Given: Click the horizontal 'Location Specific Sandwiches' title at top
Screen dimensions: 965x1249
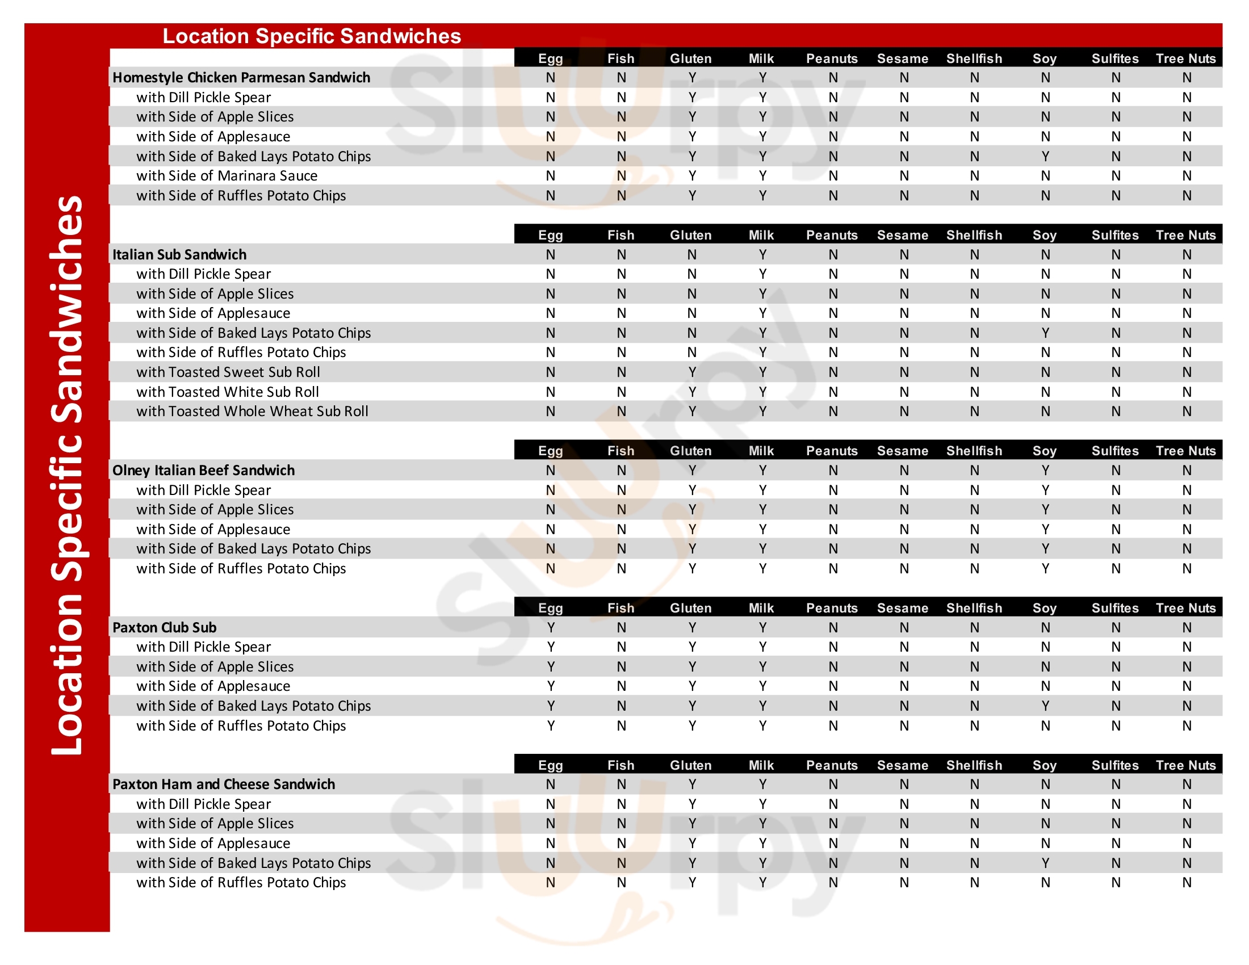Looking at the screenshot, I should pyautogui.click(x=312, y=36).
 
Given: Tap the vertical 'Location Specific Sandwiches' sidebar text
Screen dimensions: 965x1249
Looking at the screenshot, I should pyautogui.click(x=67, y=475).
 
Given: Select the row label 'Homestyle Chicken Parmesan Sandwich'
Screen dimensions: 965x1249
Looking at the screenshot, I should pyautogui.click(x=241, y=78).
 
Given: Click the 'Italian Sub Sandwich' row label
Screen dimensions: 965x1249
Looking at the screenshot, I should pyautogui.click(x=179, y=254).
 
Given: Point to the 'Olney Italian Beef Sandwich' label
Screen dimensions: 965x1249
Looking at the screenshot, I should pyautogui.click(x=204, y=471).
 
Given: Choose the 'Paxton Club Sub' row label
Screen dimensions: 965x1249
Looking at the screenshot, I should pyautogui.click(x=165, y=628).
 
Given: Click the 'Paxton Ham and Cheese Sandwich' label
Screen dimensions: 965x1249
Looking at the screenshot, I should pyautogui.click(x=224, y=784).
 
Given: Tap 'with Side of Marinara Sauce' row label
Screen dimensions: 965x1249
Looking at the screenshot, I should pyautogui.click(x=227, y=176).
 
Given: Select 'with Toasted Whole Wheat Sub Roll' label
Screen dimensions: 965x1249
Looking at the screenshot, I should pyautogui.click(x=252, y=412).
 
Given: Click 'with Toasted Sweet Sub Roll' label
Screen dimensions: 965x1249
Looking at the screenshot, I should pyautogui.click(x=228, y=372).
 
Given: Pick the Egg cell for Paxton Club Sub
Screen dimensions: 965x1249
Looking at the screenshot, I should pyautogui.click(x=551, y=628).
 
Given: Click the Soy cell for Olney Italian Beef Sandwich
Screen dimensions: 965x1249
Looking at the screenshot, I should pyautogui.click(x=1045, y=471).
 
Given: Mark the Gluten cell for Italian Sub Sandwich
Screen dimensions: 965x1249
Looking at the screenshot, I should pyautogui.click(x=692, y=254).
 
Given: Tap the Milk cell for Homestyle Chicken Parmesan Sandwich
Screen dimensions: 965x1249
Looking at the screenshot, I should pyautogui.click(x=762, y=78).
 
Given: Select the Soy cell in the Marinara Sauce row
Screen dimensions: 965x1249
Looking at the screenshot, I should pyautogui.click(x=1045, y=176).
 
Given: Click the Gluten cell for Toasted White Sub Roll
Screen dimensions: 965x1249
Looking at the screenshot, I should pyautogui.click(x=692, y=392).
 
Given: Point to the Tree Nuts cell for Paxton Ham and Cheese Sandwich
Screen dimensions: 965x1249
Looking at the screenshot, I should pyautogui.click(x=1187, y=784).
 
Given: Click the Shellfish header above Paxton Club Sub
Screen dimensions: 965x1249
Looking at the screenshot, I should pyautogui.click(x=974, y=609).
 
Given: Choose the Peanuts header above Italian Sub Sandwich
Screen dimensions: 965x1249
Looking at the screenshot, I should pyautogui.click(x=832, y=235).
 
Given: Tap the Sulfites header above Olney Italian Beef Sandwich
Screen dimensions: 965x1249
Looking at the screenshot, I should pyautogui.click(x=1115, y=451).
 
